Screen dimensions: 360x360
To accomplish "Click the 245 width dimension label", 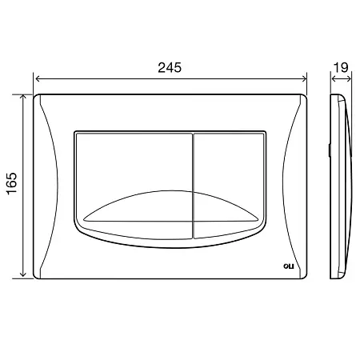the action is [170, 68].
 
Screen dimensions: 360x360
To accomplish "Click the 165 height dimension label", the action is [12, 183].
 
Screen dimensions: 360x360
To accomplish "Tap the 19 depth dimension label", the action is [341, 68].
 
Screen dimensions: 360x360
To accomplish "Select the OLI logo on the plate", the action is [288, 266].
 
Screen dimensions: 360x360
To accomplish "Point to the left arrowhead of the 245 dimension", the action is [38, 78].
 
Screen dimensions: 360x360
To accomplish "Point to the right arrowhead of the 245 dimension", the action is [304, 78].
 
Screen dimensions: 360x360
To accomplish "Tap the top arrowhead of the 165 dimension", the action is [23, 97].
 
